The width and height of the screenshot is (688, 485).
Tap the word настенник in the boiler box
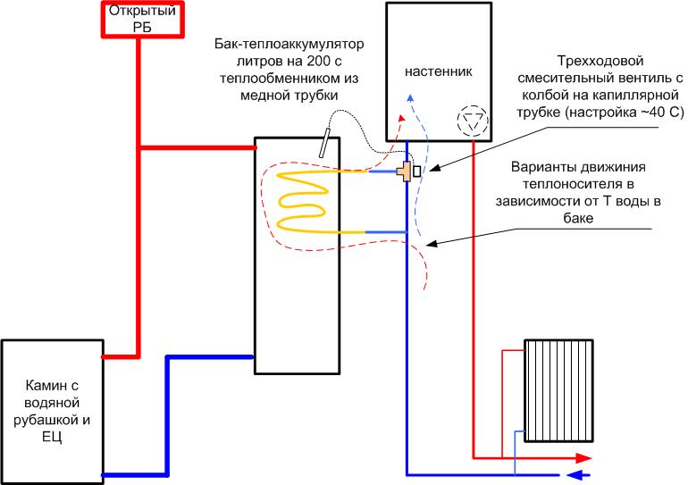[x=437, y=70]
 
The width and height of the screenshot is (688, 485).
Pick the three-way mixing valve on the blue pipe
[x=407, y=170]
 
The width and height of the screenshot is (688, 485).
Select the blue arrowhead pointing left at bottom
[x=577, y=475]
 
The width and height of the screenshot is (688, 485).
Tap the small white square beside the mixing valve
[x=417, y=170]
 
